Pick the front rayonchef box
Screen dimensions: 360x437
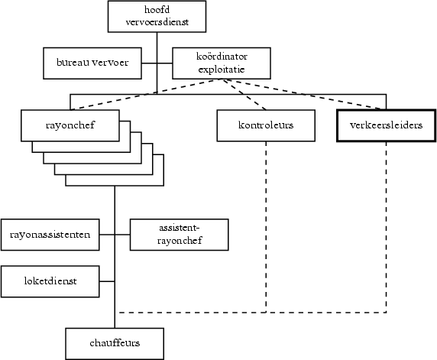[x=70, y=125]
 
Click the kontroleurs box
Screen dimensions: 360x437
[x=266, y=125]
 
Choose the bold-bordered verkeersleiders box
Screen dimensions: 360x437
[x=386, y=125]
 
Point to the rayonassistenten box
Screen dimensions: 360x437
[x=50, y=235]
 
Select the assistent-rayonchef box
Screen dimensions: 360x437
[x=180, y=234]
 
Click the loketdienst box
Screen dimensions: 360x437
[x=50, y=281]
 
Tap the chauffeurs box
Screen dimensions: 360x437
[x=115, y=343]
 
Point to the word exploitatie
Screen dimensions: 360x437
[x=221, y=70]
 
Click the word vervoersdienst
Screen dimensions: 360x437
[x=156, y=23]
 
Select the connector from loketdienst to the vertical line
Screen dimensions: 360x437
[x=107, y=281]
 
